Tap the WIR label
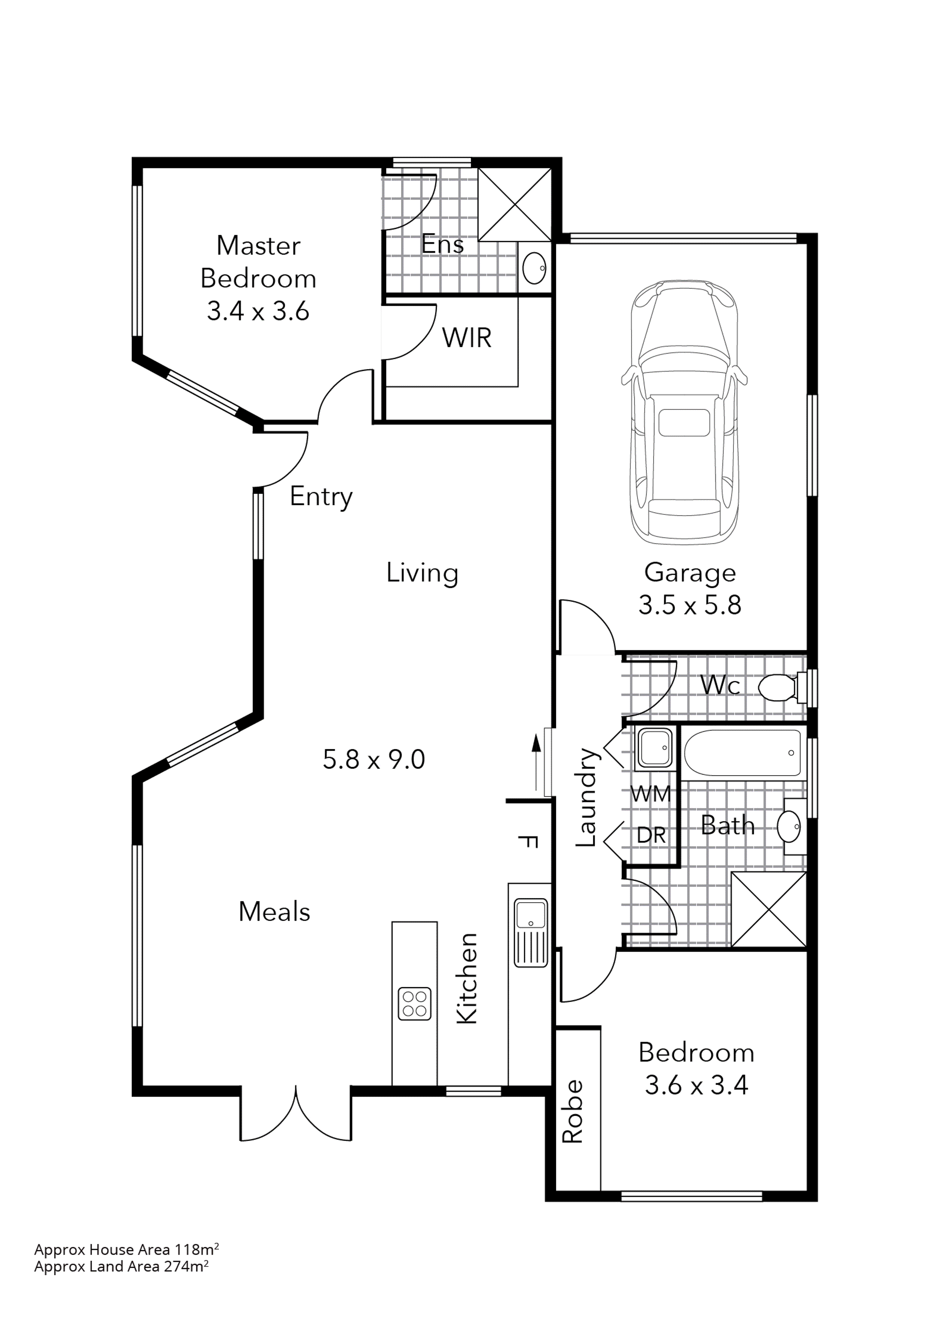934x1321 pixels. coord(466,338)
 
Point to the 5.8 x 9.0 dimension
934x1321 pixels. coord(374,760)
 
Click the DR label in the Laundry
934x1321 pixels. coord(651,835)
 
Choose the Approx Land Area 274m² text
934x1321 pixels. coord(121,1266)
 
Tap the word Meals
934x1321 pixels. coord(274,911)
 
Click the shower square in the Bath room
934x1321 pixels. coord(768,910)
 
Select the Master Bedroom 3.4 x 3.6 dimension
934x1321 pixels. coord(258,311)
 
